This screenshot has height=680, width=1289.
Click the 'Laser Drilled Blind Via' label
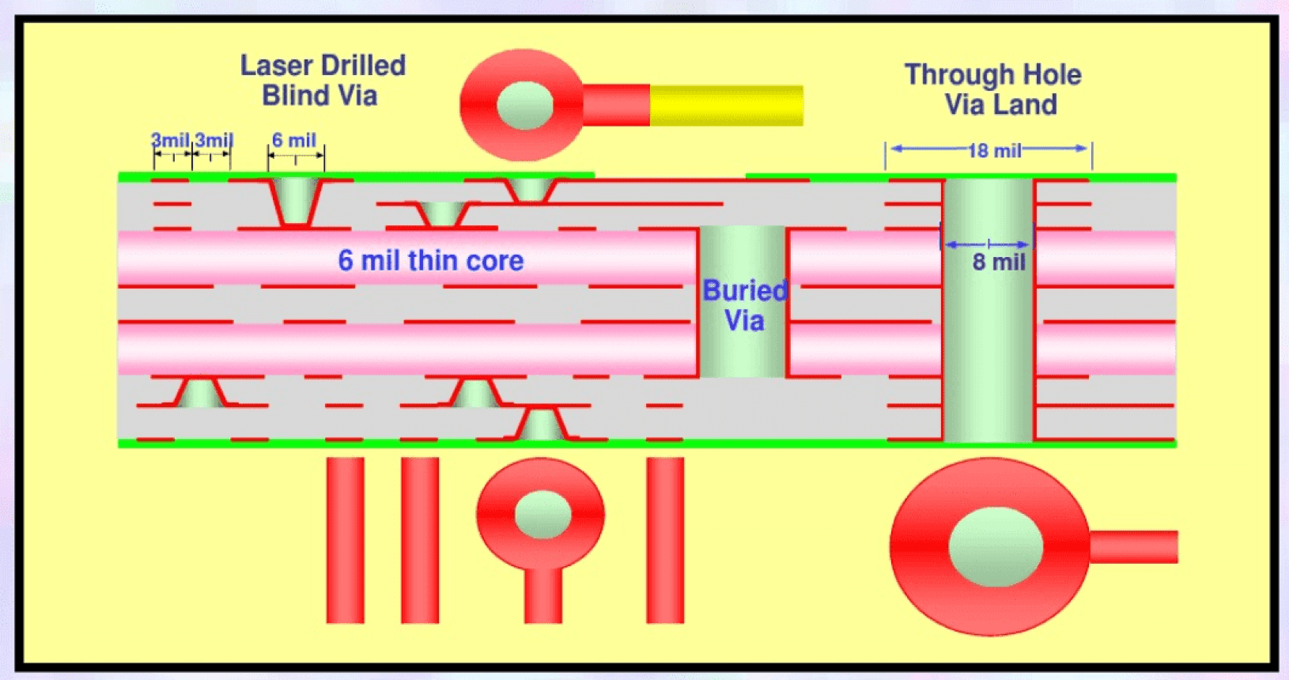click(323, 81)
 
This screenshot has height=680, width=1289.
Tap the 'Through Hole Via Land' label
click(993, 89)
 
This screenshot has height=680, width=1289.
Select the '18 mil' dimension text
click(994, 150)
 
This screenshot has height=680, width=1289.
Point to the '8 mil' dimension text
click(998, 263)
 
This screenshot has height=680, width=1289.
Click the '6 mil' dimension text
click(294, 141)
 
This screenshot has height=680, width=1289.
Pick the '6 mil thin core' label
click(430, 260)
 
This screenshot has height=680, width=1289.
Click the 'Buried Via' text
click(744, 306)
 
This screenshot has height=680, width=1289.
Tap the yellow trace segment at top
click(726, 105)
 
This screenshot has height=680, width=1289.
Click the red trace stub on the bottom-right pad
click(1133, 547)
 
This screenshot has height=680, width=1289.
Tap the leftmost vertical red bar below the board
click(346, 540)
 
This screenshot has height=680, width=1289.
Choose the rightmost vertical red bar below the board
click(665, 540)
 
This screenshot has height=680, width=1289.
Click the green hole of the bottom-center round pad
click(542, 514)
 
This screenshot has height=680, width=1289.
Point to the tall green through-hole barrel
click(988, 340)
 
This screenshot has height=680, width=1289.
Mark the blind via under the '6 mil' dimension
click(295, 201)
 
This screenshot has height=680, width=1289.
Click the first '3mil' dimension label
click(170, 141)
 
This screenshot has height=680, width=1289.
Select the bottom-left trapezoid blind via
click(200, 393)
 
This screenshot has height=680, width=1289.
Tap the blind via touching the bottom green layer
click(541, 425)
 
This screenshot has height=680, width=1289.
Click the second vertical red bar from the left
click(420, 540)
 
